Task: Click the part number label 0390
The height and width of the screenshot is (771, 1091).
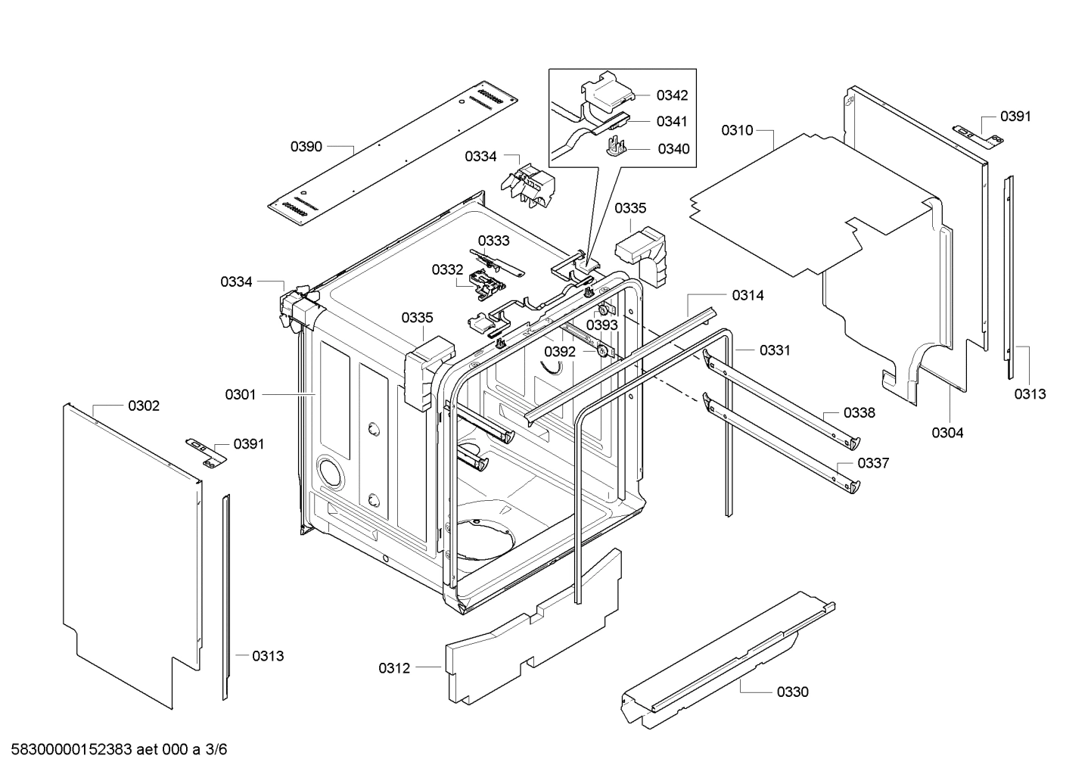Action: point(306,146)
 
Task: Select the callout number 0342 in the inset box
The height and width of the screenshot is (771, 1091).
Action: point(672,95)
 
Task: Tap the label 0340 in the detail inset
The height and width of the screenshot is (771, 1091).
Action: point(673,149)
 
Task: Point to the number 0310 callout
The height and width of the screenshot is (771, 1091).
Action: point(736,130)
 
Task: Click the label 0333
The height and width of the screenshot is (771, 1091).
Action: point(493,241)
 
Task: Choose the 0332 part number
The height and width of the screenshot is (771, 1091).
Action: point(447,270)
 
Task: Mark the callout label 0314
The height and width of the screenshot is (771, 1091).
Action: point(748,296)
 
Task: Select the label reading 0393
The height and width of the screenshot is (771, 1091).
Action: point(602,325)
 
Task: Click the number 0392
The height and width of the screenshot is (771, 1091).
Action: point(560,352)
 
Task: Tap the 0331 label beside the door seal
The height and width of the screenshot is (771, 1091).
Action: point(775,350)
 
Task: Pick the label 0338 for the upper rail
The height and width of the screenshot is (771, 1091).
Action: point(859,412)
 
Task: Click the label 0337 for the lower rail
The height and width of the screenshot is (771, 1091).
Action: point(873,463)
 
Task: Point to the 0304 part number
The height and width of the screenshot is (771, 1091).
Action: point(947,433)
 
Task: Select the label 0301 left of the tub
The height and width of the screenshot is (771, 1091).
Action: point(241,394)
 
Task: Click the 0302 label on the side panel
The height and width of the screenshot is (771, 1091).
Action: point(144,406)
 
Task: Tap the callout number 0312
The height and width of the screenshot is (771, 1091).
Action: point(394,668)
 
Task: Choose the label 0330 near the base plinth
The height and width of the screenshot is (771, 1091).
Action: point(792,692)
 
